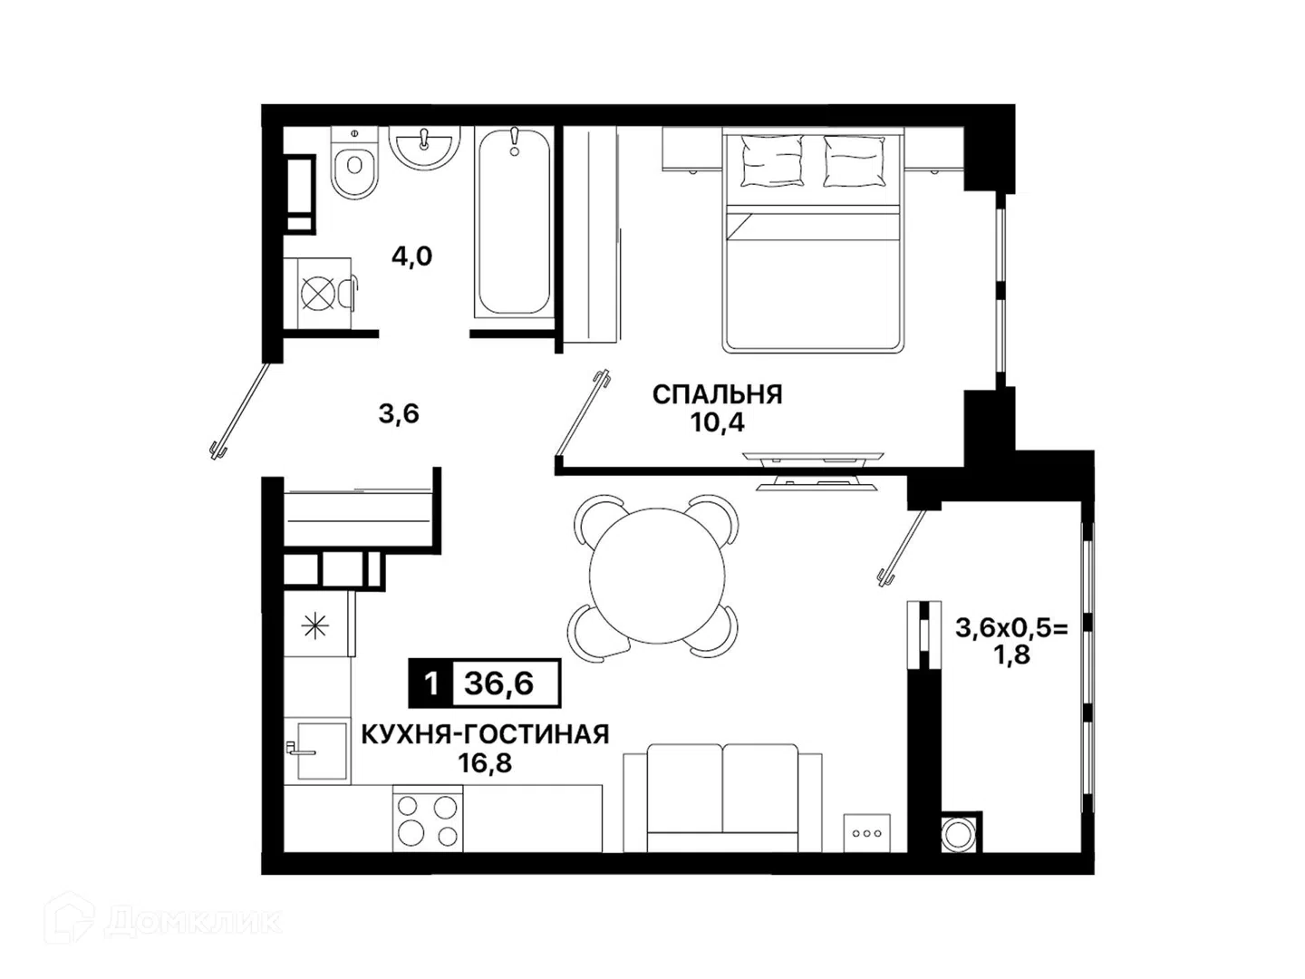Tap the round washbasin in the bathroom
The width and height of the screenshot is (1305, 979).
tap(424, 147)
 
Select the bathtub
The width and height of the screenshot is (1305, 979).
tap(514, 222)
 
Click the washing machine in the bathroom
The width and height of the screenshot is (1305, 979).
tap(318, 293)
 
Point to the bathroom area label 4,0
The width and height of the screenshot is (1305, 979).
tap(411, 257)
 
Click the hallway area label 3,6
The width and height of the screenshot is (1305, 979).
tap(399, 413)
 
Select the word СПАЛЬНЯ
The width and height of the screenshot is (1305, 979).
tap(717, 394)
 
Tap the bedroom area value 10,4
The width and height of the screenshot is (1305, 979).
tap(717, 422)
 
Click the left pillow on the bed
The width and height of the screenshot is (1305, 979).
tap(772, 161)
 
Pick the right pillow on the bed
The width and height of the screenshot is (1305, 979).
tap(855, 161)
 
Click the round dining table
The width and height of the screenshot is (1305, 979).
tap(657, 576)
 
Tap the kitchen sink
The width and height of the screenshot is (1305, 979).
tap(319, 751)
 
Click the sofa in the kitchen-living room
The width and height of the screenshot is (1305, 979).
tap(722, 797)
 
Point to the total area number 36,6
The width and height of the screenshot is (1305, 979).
tap(499, 683)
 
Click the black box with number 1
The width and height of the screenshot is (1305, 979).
tap(431, 683)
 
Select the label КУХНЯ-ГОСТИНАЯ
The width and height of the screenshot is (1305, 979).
tap(485, 735)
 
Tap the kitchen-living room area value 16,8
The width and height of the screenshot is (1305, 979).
tap(485, 763)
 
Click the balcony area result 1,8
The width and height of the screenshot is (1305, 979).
tap(1013, 655)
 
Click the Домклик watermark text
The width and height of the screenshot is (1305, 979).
tap(193, 922)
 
